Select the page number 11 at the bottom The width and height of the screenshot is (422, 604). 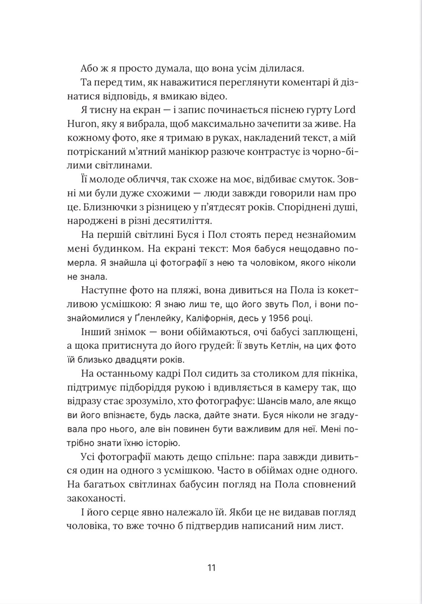211,568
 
